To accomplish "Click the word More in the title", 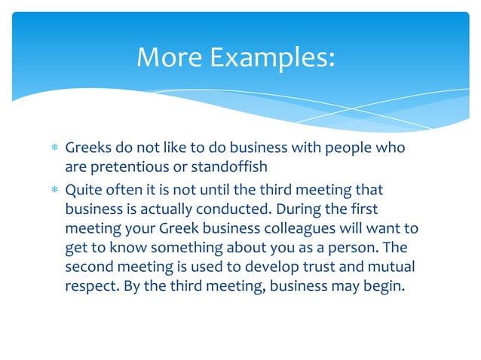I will coord(169,57).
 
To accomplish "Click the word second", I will coord(89,267).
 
